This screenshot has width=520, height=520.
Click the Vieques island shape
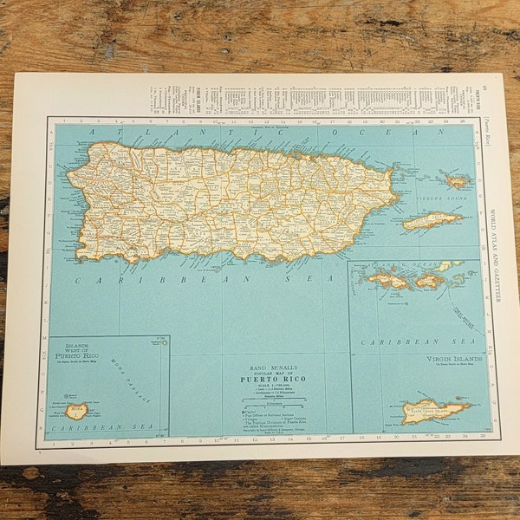432,221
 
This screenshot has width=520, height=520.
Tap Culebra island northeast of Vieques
457,181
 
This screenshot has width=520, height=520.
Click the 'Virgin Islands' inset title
452,358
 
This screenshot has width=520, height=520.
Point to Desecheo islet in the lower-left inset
162,342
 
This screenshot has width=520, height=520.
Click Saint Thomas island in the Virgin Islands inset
388,280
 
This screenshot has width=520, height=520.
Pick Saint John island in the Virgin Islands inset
430,280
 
